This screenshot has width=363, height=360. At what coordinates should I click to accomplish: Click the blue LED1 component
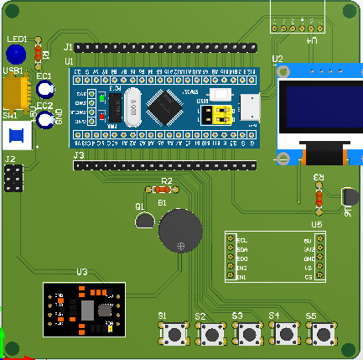click(14, 55)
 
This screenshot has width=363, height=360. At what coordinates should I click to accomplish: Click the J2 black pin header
click(13, 178)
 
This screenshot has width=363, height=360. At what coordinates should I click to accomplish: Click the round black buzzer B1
click(180, 230)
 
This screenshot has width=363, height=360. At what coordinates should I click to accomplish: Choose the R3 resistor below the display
click(319, 196)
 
